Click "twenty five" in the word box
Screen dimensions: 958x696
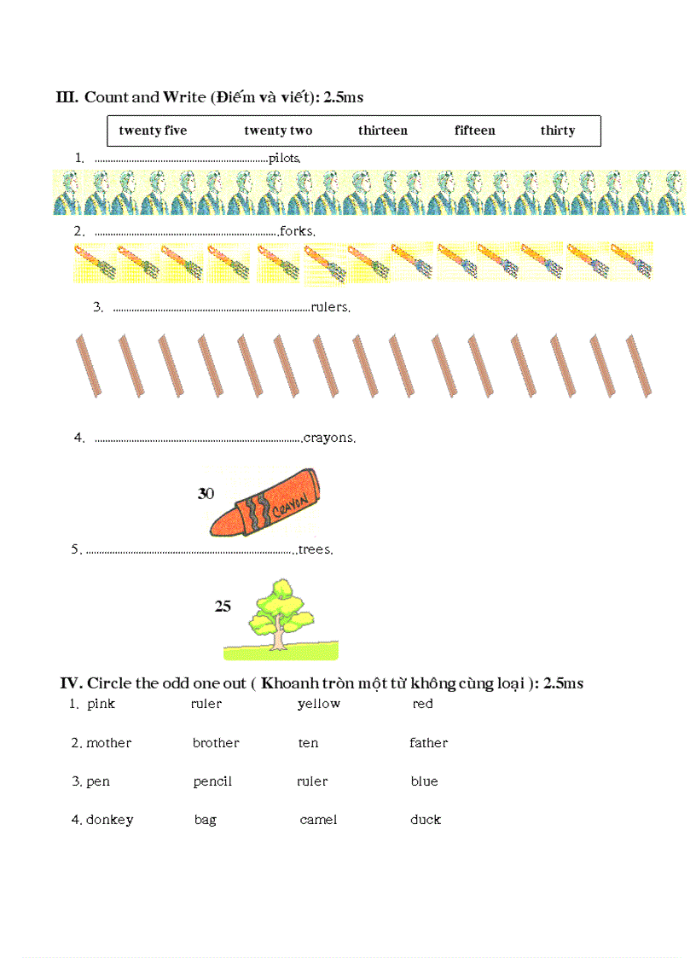point(153,131)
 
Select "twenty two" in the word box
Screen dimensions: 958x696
point(278,131)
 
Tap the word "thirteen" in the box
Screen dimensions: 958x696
point(383,131)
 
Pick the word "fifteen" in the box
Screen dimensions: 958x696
point(474,131)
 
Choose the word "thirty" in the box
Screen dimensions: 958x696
point(557,131)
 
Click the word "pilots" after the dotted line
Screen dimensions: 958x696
point(284,158)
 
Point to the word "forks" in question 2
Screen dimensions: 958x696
point(298,231)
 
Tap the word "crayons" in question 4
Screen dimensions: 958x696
point(328,438)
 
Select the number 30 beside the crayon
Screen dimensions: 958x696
point(206,494)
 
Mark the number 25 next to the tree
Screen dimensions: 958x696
point(223,607)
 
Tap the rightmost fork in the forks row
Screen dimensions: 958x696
point(632,261)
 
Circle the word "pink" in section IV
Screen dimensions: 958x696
point(101,704)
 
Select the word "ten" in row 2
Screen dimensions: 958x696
point(308,743)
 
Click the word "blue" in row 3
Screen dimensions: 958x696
point(424,781)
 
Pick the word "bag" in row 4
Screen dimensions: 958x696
point(205,820)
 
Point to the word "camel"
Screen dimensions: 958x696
point(318,820)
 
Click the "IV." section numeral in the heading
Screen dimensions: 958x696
point(71,683)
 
